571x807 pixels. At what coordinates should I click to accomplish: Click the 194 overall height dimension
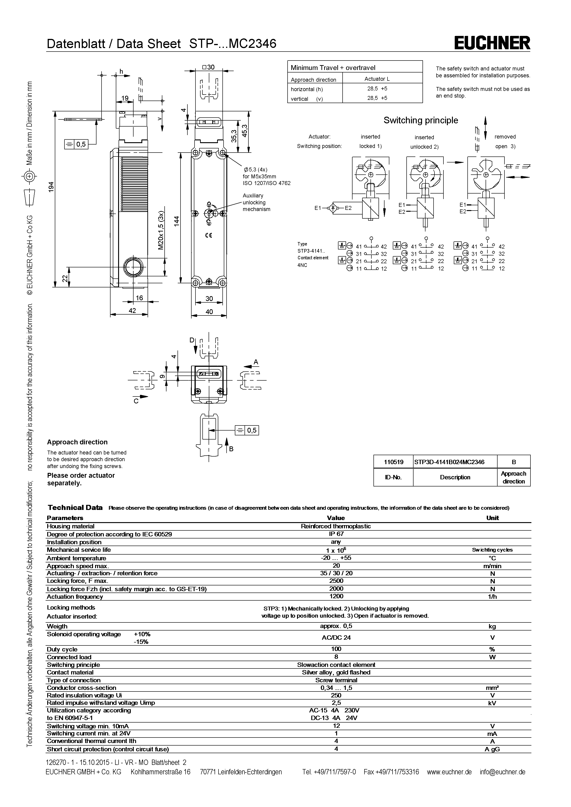click(51, 186)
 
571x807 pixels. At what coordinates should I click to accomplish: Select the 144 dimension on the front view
click(177, 221)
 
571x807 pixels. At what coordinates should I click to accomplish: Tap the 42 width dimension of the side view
click(132, 311)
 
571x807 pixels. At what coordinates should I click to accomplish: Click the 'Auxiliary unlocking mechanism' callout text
click(256, 202)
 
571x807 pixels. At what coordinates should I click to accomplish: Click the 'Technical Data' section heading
click(75, 508)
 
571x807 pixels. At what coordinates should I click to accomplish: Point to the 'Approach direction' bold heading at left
click(77, 442)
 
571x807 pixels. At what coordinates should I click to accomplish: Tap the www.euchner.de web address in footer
click(449, 772)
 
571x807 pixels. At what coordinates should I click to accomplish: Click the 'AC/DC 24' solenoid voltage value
click(336, 638)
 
